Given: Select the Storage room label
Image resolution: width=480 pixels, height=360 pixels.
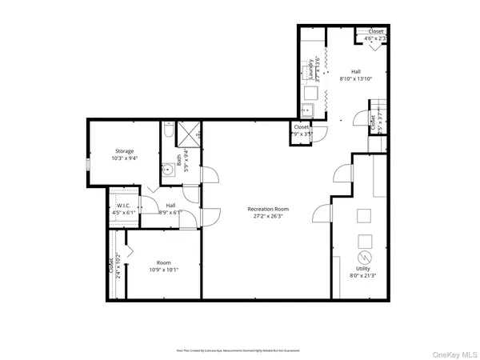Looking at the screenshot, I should click(x=124, y=150).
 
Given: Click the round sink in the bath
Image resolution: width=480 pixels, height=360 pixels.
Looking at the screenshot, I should click(x=168, y=170).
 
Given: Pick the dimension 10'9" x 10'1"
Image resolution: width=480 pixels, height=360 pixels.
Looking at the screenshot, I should click(x=164, y=269).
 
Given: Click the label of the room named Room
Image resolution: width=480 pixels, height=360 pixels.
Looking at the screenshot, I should click(x=164, y=262).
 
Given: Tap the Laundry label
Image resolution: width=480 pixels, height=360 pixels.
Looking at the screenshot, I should click(x=310, y=68).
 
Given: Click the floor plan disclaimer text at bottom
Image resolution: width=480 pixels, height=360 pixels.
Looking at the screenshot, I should click(x=239, y=350).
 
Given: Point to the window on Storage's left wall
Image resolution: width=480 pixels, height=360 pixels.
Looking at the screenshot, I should click(x=87, y=165).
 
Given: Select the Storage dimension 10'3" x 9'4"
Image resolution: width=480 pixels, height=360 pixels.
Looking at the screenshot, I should click(x=124, y=157).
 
